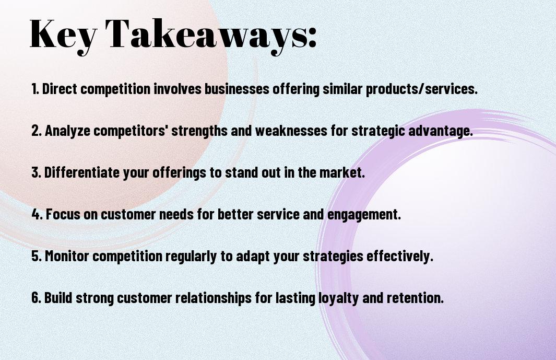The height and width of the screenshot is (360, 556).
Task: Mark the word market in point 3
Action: (x=342, y=172)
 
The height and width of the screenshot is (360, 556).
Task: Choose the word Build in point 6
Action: (x=58, y=298)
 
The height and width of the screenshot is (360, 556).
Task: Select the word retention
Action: (x=415, y=298)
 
